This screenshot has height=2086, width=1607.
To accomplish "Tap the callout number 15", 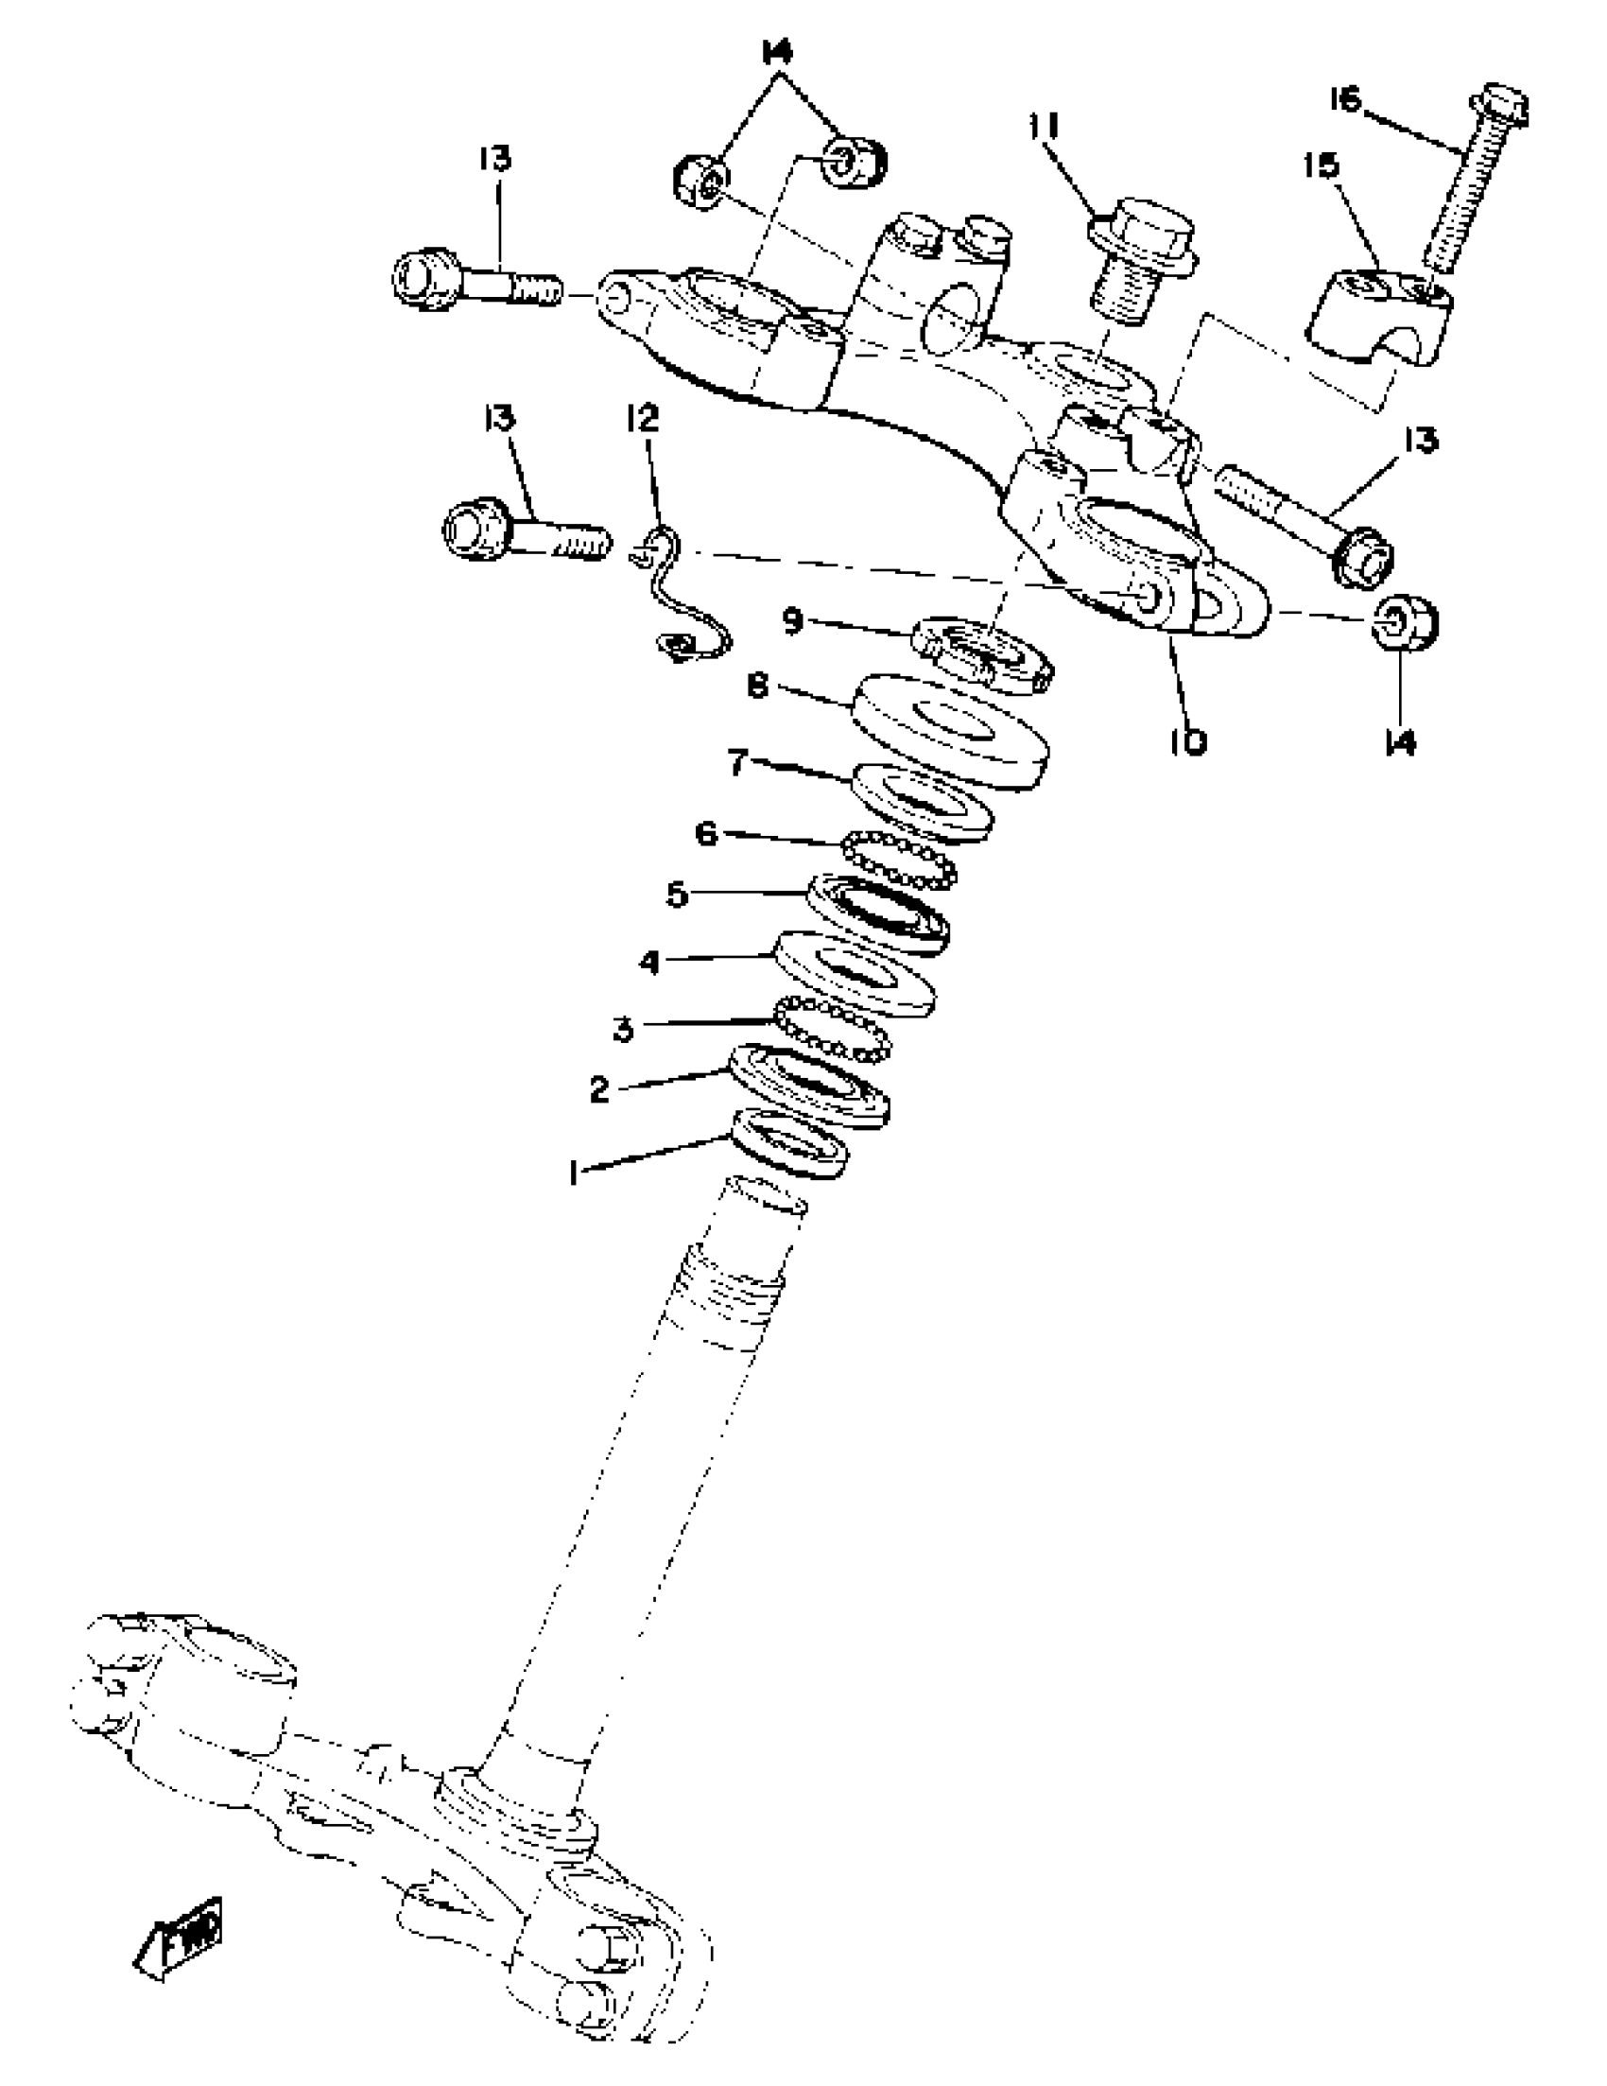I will tap(1322, 165).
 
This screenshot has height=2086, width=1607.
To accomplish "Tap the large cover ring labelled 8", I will tap(950, 731).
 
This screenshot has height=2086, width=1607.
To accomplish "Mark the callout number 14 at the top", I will tap(778, 54).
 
